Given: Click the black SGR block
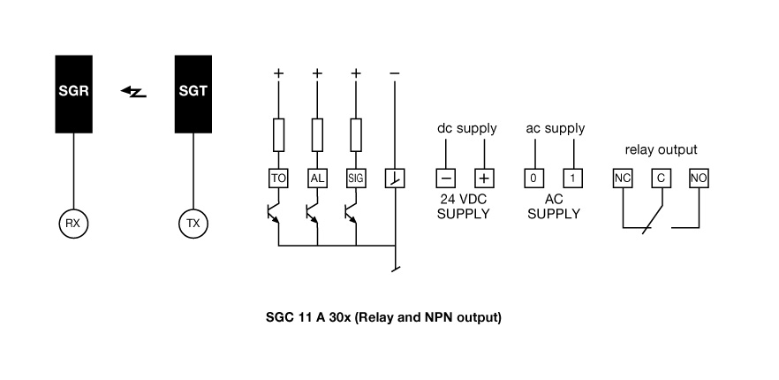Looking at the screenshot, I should tap(73, 93).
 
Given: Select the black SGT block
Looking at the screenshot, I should tap(193, 93).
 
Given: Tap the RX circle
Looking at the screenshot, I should tap(73, 224).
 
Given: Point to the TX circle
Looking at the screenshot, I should tap(193, 224).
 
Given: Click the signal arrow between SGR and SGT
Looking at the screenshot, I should tap(133, 91).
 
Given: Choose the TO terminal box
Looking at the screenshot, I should tap(279, 178).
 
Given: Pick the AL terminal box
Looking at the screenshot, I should tap(317, 178).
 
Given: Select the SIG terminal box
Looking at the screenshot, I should tap(356, 178).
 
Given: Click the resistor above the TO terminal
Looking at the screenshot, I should tap(279, 135).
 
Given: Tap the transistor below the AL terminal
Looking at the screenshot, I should tap(314, 215).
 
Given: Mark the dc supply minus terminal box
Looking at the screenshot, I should tap(445, 178).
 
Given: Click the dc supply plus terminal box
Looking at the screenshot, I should tap(484, 178).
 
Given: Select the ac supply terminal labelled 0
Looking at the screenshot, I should tap(533, 178).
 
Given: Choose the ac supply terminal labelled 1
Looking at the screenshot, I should tap(573, 178).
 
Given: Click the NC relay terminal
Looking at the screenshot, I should tap(623, 178).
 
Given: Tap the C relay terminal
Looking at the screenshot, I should tap(660, 178).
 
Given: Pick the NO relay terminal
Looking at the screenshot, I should tap(699, 178).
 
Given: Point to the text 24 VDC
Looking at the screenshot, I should tap(464, 199).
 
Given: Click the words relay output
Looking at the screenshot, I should tap(661, 149).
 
